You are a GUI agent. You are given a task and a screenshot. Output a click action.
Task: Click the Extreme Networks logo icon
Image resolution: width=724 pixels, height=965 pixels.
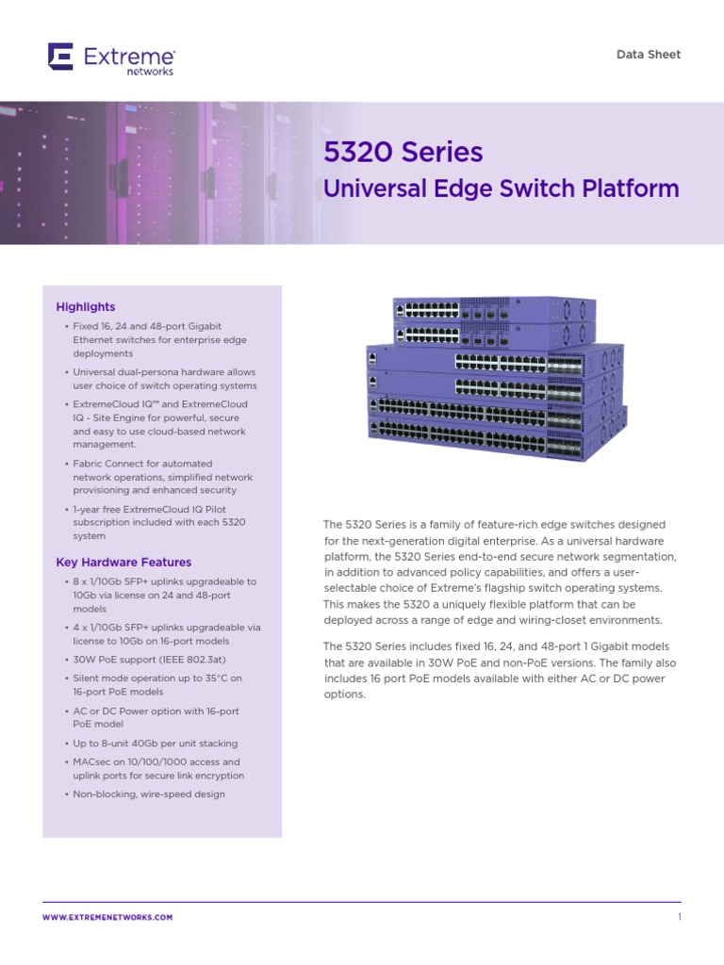pyautogui.click(x=60, y=57)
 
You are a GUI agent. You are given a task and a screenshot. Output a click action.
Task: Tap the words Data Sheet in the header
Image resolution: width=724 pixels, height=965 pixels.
pyautogui.click(x=648, y=55)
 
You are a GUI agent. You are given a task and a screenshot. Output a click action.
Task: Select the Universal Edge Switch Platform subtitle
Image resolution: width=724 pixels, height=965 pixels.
pyautogui.click(x=501, y=188)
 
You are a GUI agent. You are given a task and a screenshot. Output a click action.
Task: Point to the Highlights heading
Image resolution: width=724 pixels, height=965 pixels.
pyautogui.click(x=86, y=306)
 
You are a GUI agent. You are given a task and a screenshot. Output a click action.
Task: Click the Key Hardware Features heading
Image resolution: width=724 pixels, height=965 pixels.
pyautogui.click(x=123, y=563)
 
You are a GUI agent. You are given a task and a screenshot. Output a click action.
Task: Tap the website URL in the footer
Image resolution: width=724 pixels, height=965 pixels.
pyautogui.click(x=107, y=917)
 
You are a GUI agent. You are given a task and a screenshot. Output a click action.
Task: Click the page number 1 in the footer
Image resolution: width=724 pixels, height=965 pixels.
pyautogui.click(x=679, y=917)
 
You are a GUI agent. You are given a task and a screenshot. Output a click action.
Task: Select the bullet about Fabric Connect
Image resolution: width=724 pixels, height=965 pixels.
pyautogui.click(x=156, y=477)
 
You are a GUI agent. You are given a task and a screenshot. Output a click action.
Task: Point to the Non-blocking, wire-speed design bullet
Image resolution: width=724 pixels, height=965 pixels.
pyautogui.click(x=149, y=794)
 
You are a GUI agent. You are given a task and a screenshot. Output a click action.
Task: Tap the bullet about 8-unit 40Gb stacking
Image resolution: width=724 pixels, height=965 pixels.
pyautogui.click(x=156, y=744)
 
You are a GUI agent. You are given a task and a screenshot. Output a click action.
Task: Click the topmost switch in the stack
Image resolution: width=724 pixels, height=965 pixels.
pyautogui.click(x=495, y=309)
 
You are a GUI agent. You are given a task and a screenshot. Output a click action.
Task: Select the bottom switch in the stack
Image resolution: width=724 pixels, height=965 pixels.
pyautogui.click(x=495, y=436)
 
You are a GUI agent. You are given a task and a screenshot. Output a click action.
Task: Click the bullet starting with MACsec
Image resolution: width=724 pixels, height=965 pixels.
pyautogui.click(x=157, y=769)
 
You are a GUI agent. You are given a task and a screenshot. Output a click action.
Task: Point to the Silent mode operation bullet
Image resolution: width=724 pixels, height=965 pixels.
pyautogui.click(x=156, y=685)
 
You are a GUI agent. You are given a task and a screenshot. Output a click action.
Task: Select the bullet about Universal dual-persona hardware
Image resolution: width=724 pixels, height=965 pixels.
pyautogui.click(x=164, y=379)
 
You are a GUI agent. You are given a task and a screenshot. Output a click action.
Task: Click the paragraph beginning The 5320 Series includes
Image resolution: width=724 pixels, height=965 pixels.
pyautogui.click(x=500, y=670)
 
